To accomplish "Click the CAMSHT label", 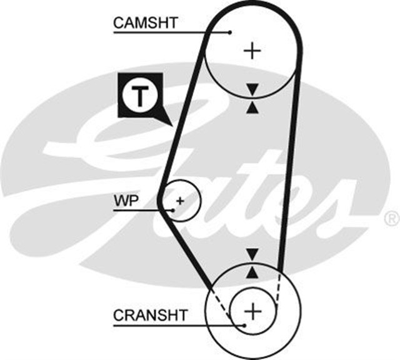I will tap(146, 22).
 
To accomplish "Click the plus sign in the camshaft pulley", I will tap(252, 49).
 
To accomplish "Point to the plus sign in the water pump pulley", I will tap(180, 201).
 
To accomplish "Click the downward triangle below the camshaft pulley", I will tap(252, 89).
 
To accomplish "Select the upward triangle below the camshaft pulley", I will tap(252, 107).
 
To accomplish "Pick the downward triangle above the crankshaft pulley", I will tap(252, 254).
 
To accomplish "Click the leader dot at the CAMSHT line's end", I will tap(230, 32).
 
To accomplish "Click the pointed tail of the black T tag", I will tap(167, 122).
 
